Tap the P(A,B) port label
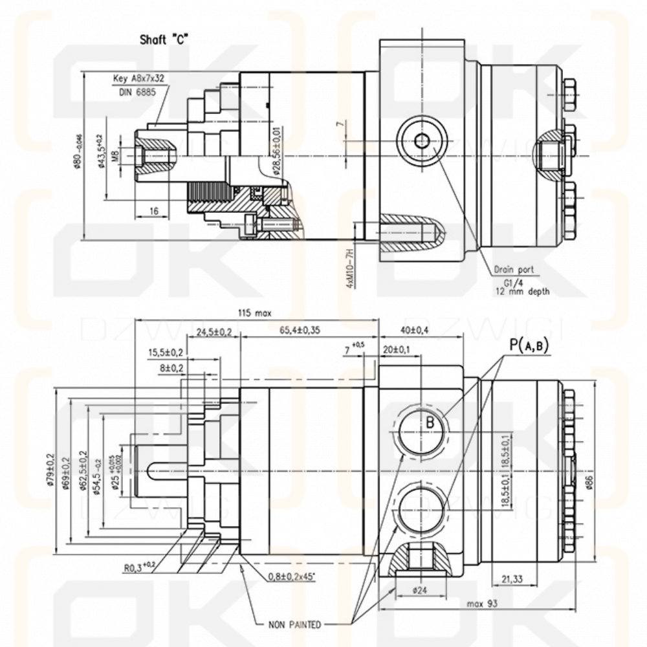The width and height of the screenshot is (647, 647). click(529, 345)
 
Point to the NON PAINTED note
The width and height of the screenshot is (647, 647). click(294, 625)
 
